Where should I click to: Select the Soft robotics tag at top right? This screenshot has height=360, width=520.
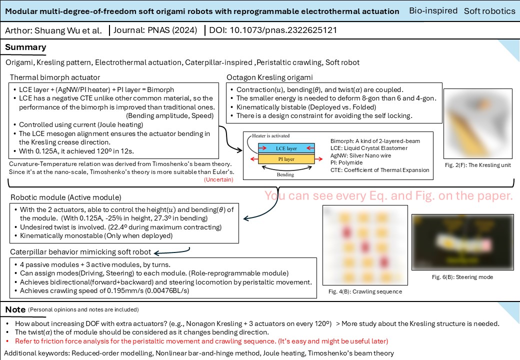point(489,10)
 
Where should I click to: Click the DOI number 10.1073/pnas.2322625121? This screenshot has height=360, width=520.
point(283,30)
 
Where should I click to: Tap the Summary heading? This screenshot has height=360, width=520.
point(25,47)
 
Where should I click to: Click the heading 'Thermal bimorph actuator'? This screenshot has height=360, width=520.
point(55,77)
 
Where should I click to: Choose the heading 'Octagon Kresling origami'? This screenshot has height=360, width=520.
point(269,77)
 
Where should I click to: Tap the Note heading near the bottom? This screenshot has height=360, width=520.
point(15,310)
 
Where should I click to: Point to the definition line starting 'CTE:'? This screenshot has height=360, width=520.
point(379,170)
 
